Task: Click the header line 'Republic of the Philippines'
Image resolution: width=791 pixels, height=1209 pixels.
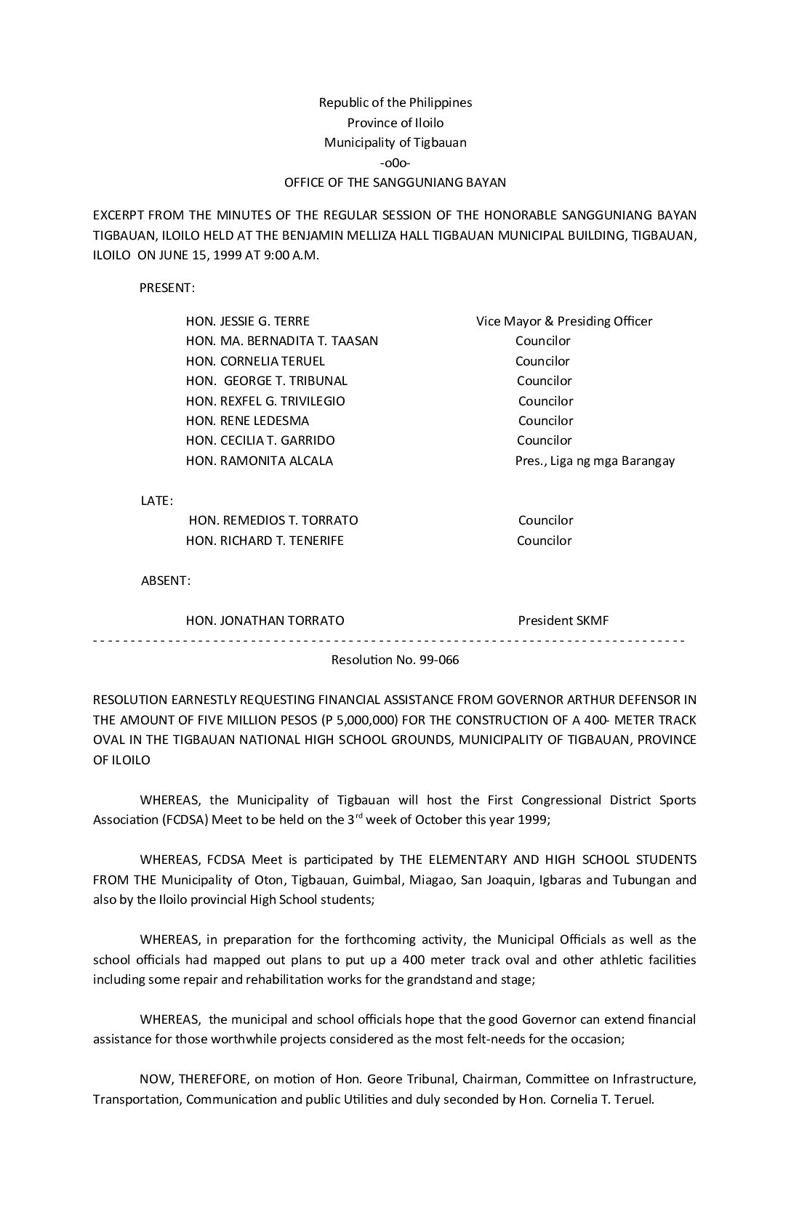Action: point(395,102)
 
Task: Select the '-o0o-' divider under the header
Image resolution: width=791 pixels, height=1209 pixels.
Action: point(395,163)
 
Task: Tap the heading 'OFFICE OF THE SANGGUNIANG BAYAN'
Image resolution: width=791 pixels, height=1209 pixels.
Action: point(395,182)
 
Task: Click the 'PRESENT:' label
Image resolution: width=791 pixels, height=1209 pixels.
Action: point(166,288)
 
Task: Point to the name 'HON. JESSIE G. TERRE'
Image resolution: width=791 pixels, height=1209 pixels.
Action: point(247,321)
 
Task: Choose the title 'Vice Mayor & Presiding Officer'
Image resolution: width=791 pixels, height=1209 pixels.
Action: point(564,321)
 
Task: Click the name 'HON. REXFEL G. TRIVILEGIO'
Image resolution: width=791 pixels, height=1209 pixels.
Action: point(265,401)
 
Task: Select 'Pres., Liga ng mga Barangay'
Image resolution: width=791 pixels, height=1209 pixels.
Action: point(595,461)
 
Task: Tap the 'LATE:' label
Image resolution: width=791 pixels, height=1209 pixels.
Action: point(156,501)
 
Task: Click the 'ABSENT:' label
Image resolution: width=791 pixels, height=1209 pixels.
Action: point(166,581)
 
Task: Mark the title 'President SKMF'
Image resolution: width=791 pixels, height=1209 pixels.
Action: point(563,620)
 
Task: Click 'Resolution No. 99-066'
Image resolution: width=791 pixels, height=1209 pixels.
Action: point(395,660)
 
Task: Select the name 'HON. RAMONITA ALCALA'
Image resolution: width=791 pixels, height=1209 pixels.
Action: point(259,461)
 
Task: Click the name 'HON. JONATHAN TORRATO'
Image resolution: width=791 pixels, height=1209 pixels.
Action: point(265,620)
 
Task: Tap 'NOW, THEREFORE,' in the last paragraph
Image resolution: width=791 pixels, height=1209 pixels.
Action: point(187,1079)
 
